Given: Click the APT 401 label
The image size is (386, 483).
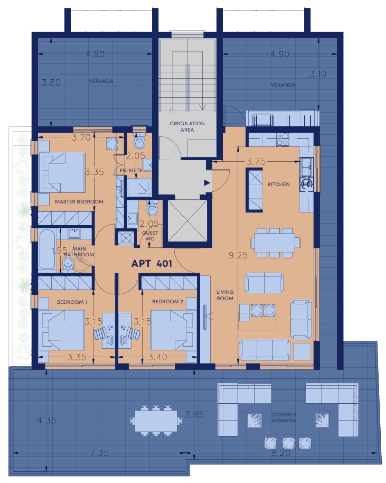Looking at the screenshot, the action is click(152, 263).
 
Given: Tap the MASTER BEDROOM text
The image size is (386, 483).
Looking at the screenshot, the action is click(79, 202).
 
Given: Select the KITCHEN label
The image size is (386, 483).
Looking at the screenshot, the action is click(279, 184).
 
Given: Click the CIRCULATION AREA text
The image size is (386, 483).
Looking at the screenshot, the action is click(187, 127).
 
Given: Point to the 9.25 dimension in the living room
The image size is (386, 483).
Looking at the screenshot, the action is click(238, 255).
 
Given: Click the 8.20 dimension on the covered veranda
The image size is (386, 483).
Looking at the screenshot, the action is click(281, 453).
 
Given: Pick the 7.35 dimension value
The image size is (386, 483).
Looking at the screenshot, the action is click(99, 453).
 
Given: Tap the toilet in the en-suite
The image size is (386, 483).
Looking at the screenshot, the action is click(140, 141).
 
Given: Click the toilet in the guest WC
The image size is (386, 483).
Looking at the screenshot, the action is click(152, 208).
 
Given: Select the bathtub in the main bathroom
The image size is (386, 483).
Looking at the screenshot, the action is click(47, 250).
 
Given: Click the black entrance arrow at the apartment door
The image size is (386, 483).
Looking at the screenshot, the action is click(207, 183).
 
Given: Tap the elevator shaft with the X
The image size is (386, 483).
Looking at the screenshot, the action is click(187, 221).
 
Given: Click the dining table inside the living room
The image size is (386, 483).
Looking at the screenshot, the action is click(275, 242).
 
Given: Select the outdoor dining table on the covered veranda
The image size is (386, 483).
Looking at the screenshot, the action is click(156, 421).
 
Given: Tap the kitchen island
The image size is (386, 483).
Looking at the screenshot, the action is click(254, 190).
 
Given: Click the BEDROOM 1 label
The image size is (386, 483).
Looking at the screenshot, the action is click(72, 302).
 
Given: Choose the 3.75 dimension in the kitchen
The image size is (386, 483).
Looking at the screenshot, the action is click(256, 162).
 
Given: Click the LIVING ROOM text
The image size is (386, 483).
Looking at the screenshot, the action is click(225, 295).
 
